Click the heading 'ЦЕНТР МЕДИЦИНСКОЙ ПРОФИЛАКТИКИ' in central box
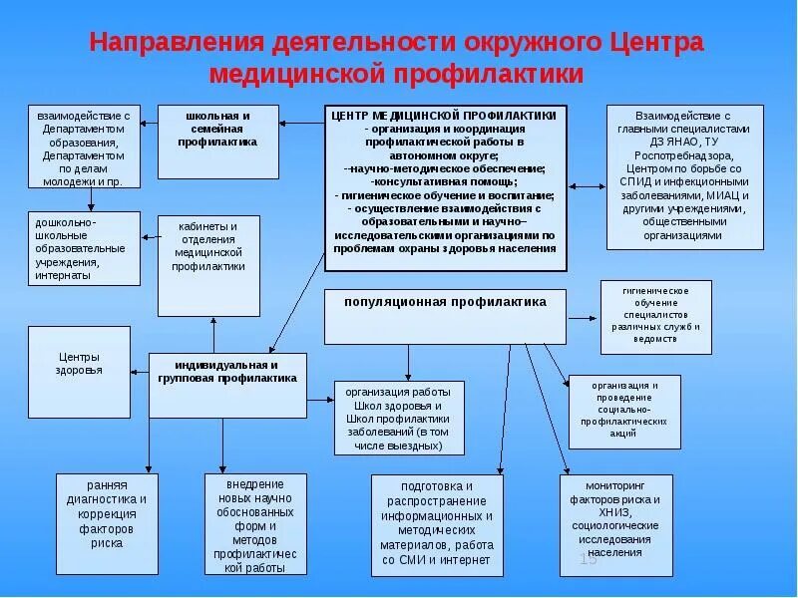[445, 116]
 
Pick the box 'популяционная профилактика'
[445, 302]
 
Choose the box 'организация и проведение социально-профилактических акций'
[623, 409]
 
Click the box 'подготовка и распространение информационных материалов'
[435, 522]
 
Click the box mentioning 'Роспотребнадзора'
[684, 175]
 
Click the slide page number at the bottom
[588, 559]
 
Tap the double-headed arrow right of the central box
[587, 185]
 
